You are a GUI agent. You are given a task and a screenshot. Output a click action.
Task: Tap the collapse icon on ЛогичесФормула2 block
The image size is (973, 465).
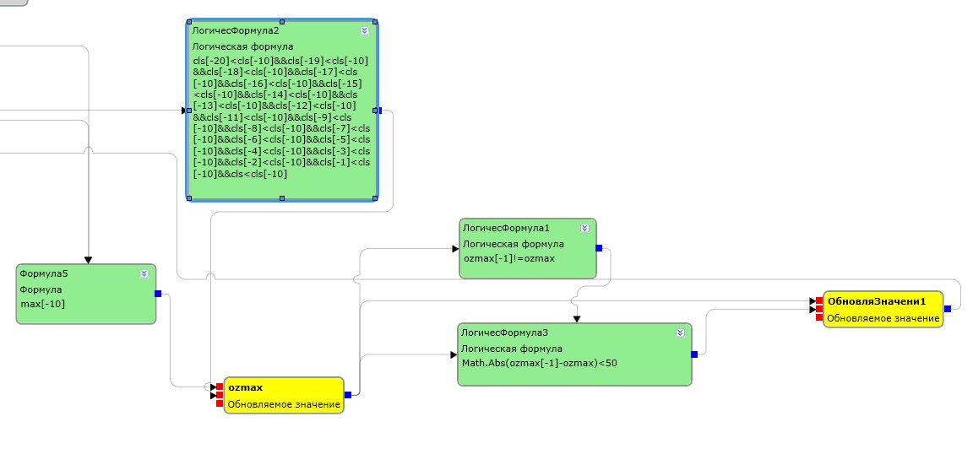(x=364, y=30)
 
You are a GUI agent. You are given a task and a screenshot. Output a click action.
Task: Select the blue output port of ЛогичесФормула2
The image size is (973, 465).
(x=379, y=111)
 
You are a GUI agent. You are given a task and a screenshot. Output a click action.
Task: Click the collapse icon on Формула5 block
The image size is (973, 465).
(x=144, y=273)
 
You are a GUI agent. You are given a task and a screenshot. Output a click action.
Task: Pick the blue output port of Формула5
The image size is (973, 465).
(x=158, y=293)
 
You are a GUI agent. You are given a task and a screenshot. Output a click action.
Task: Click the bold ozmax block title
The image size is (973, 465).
(x=245, y=387)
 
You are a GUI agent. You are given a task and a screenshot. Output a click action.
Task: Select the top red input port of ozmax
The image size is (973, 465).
(x=220, y=387)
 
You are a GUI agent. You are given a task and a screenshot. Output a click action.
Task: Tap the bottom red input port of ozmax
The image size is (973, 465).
(x=220, y=403)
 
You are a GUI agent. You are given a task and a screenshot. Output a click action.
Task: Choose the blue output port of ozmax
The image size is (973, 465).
(x=347, y=394)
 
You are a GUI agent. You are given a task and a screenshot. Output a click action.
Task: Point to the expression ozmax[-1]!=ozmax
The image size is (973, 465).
(x=509, y=258)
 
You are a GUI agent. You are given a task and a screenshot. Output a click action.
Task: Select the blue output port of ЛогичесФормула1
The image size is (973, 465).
(x=599, y=248)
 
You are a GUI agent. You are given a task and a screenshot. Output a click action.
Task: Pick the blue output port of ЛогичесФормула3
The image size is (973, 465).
(x=693, y=354)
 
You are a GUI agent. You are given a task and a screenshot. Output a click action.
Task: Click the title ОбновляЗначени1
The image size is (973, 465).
(x=876, y=301)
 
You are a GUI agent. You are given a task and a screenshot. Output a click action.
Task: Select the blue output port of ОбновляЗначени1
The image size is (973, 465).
(x=948, y=308)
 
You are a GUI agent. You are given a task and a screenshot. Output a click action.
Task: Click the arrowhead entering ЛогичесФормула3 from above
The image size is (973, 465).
(x=577, y=319)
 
